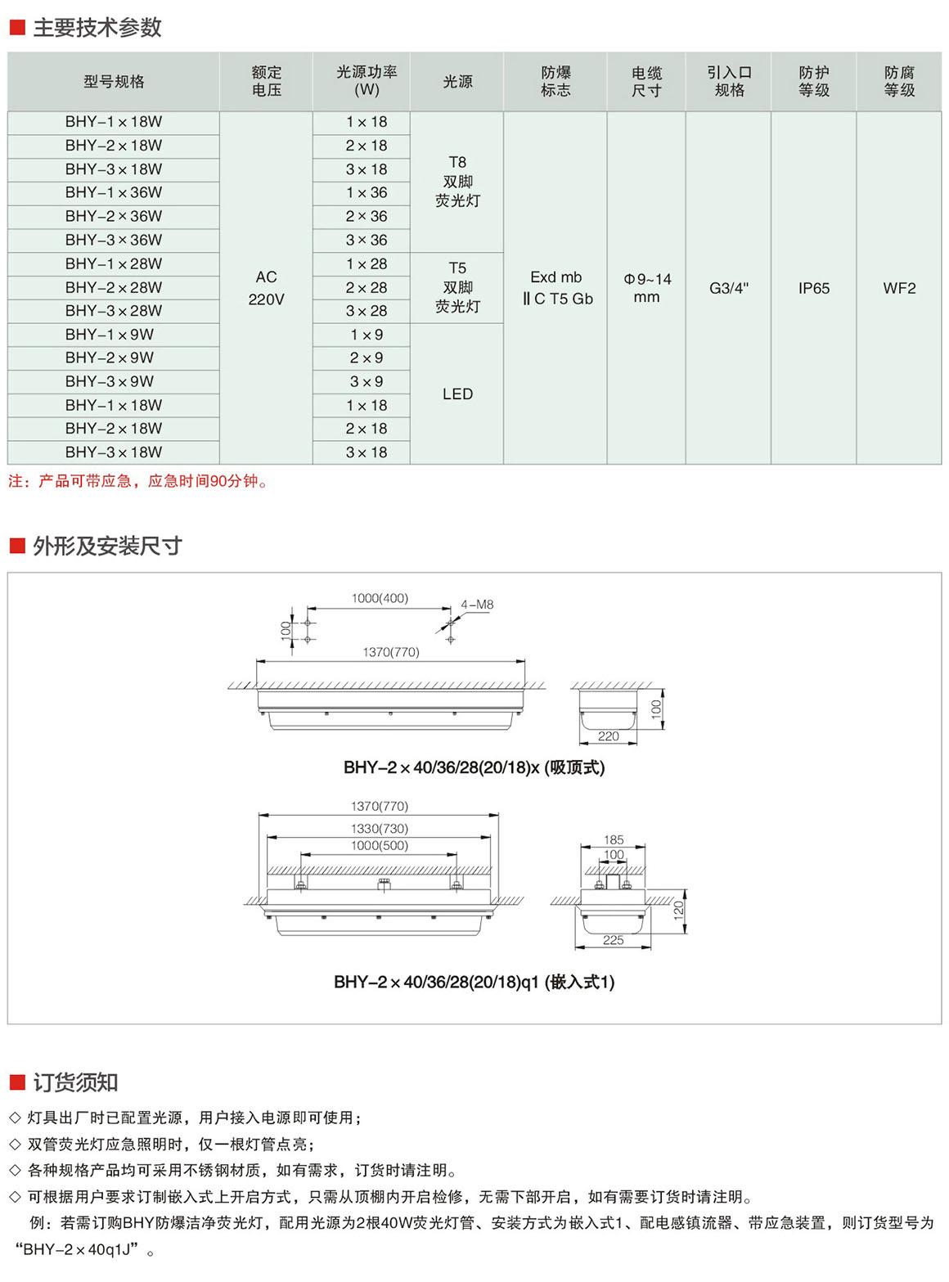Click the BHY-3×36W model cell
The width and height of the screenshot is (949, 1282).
pyautogui.click(x=114, y=240)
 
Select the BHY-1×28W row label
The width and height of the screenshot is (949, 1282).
pyautogui.click(x=114, y=263)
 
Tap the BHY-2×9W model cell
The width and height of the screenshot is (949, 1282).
pyautogui.click(x=114, y=358)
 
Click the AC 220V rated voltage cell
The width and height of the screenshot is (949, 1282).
pyautogui.click(x=266, y=288)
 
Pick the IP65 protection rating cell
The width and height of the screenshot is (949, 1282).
pyautogui.click(x=813, y=288)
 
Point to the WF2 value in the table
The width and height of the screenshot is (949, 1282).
pyautogui.click(x=898, y=288)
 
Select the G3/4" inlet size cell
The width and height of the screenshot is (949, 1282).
pyautogui.click(x=728, y=288)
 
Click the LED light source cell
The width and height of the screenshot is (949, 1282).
pyautogui.click(x=457, y=394)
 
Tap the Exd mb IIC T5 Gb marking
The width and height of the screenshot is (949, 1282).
pyautogui.click(x=556, y=288)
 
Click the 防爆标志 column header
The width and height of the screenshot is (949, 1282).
pyautogui.click(x=555, y=81)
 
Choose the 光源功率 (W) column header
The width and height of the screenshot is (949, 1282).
pyautogui.click(x=367, y=81)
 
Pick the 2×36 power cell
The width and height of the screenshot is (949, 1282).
pyautogui.click(x=366, y=216)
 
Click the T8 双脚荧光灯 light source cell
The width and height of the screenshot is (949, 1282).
pyautogui.click(x=457, y=181)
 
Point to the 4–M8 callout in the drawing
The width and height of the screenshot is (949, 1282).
pyautogui.click(x=477, y=605)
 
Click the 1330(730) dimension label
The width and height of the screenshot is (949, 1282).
pyautogui.click(x=380, y=828)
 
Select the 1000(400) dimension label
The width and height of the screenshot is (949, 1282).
pyautogui.click(x=380, y=598)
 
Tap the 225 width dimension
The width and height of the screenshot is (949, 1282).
pyautogui.click(x=613, y=940)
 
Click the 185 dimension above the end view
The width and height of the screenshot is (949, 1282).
pyautogui.click(x=614, y=839)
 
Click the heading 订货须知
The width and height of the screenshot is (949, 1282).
pyautogui.click(x=75, y=1082)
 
